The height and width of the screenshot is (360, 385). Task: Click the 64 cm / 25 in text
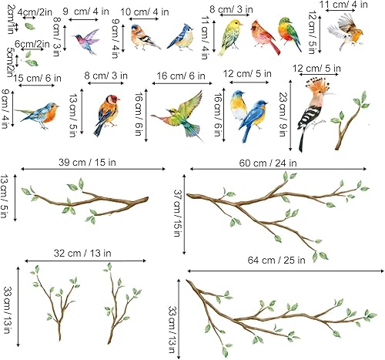[283, 260]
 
